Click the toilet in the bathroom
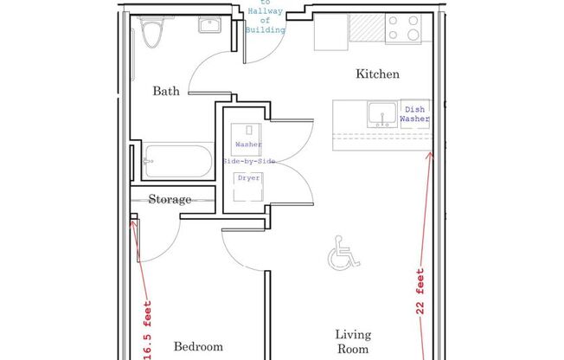[151, 32]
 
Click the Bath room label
[166, 91]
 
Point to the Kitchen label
[378, 74]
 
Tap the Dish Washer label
[414, 114]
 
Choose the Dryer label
[248, 178]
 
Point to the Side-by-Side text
[248, 162]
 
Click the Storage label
[170, 200]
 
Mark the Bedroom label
[198, 347]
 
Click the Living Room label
[354, 341]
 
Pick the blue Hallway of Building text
[264, 17]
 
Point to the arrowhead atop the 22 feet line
[431, 155]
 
